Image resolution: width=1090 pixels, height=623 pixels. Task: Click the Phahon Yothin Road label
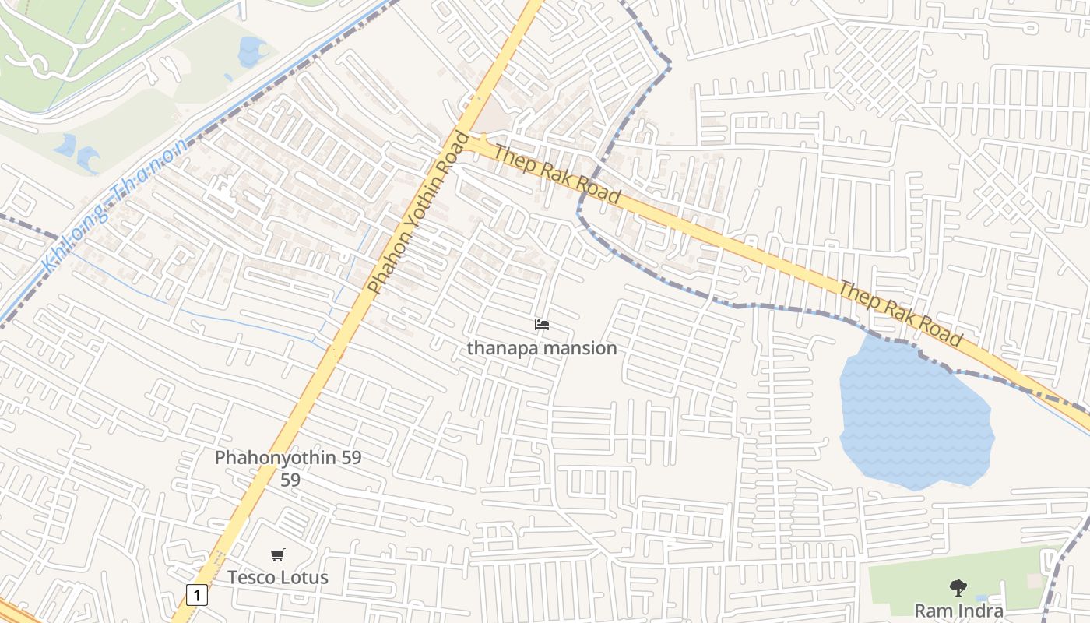pyautogui.click(x=418, y=213)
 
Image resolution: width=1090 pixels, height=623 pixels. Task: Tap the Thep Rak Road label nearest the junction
pyautogui.click(x=557, y=174)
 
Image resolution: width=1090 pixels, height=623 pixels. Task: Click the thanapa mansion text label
pyautogui.click(x=542, y=348)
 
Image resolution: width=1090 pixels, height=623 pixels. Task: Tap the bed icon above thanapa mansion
pyautogui.click(x=542, y=324)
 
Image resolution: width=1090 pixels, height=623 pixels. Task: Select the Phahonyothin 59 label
pyautogui.click(x=288, y=458)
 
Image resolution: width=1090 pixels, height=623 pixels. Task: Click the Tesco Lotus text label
pyautogui.click(x=278, y=578)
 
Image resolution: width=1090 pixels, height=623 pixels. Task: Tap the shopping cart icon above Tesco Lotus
pyautogui.click(x=278, y=554)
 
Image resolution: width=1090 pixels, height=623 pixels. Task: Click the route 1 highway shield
pyautogui.click(x=198, y=596)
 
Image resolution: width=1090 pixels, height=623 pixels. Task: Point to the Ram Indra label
pyautogui.click(x=958, y=611)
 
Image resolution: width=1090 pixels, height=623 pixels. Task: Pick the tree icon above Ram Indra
pyautogui.click(x=958, y=588)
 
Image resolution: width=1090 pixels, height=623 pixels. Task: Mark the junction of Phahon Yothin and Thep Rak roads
pyautogui.click(x=464, y=142)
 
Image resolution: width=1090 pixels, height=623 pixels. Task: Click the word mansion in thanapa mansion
pyautogui.click(x=580, y=348)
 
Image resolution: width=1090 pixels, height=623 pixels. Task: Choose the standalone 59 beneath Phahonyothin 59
pyautogui.click(x=290, y=480)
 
